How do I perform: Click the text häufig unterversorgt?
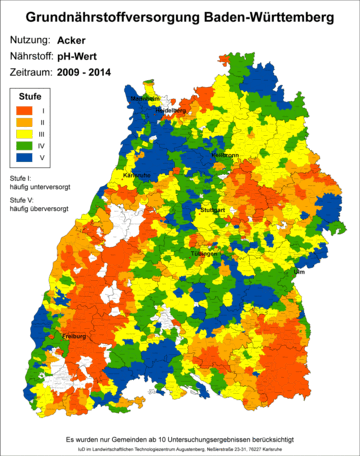click(35, 186)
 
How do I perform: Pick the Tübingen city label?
click(203, 254)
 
